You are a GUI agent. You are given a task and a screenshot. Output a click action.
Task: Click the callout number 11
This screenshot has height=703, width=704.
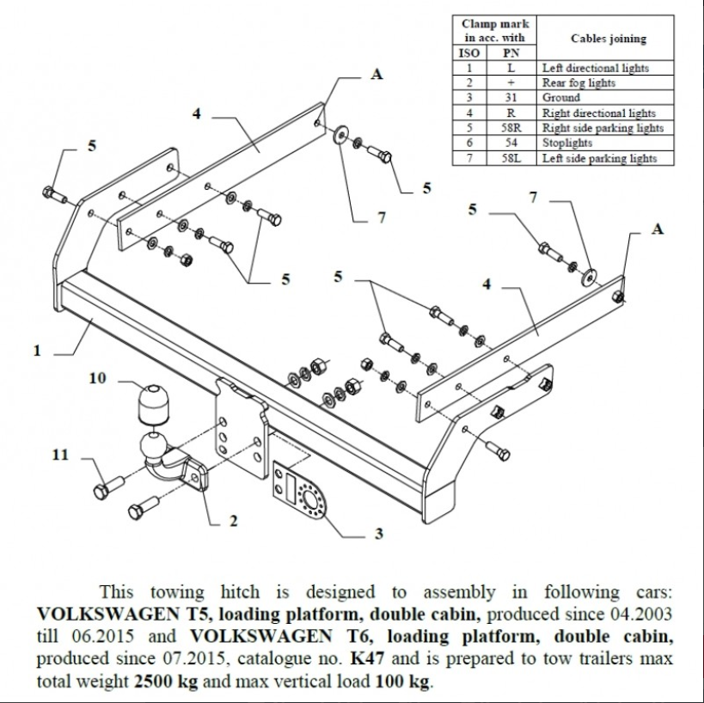click(x=59, y=455)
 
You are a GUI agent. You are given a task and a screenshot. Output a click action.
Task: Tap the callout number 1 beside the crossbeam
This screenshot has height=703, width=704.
click(x=37, y=351)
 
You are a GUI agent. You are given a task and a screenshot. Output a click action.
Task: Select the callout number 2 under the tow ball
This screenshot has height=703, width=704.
click(x=233, y=520)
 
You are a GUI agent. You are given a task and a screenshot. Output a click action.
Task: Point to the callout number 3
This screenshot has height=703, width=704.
click(x=378, y=534)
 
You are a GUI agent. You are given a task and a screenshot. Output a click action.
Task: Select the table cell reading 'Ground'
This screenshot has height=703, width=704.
click(x=560, y=98)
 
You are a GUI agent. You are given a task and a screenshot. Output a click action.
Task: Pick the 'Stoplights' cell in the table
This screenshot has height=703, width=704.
click(x=567, y=143)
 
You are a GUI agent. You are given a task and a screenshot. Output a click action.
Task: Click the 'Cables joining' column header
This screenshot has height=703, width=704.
click(x=609, y=39)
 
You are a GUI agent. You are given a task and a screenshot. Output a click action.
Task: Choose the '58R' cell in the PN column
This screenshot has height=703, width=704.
click(x=510, y=128)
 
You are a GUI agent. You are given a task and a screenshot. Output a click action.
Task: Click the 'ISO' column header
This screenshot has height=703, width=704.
click(x=470, y=52)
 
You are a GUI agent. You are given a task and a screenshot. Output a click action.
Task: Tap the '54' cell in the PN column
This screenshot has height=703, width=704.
click(x=510, y=143)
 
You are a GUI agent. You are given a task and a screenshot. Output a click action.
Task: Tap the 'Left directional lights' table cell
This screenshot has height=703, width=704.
click(x=595, y=68)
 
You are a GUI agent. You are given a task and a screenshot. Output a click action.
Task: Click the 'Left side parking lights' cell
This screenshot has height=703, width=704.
click(x=599, y=158)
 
